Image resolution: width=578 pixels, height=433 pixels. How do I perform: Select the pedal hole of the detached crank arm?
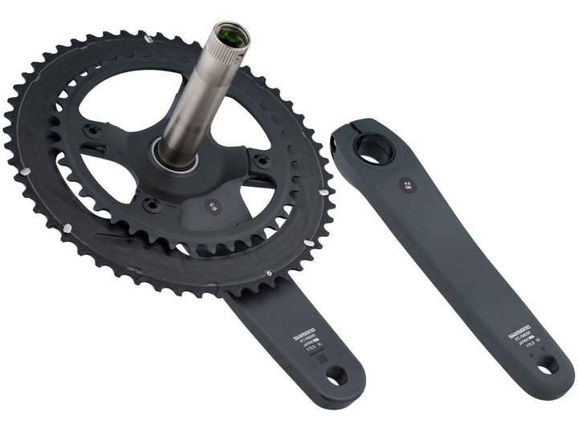(547, 365)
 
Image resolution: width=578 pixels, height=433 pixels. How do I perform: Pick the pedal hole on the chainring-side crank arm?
(336, 374)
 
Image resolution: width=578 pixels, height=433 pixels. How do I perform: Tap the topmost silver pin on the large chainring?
(144, 35)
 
